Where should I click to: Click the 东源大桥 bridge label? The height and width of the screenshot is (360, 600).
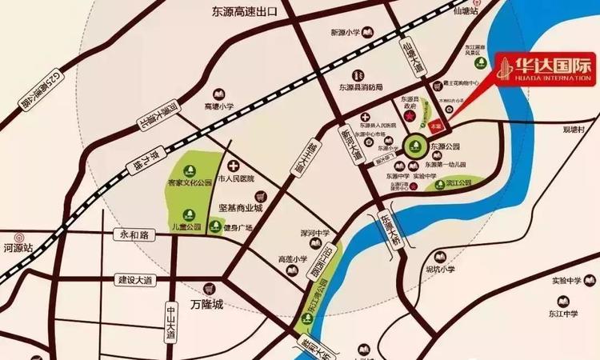pos(389,230)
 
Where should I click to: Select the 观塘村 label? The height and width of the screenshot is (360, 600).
pos(573,130)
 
